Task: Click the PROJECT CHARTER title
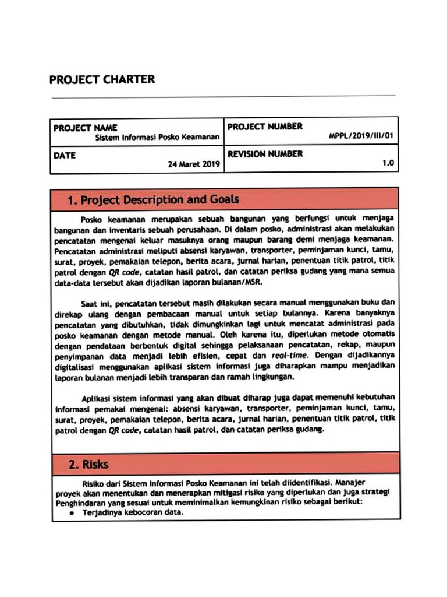(x=102, y=79)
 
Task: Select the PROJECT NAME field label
(x=86, y=127)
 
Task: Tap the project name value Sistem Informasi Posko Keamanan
(x=157, y=138)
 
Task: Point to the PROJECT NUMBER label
(x=265, y=127)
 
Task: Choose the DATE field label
(x=65, y=155)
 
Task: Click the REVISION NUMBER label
(x=265, y=154)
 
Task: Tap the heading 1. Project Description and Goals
(x=152, y=200)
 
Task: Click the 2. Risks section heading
(x=88, y=465)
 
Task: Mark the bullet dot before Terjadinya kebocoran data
(x=72, y=513)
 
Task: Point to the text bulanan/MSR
(x=240, y=282)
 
